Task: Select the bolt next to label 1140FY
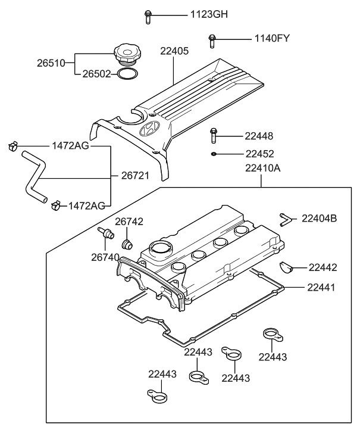click(211, 41)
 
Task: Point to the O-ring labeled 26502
click(126, 74)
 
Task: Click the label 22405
click(174, 51)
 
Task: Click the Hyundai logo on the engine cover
click(148, 131)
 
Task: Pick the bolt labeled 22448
click(213, 136)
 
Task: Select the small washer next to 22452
click(213, 154)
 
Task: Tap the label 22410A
click(262, 168)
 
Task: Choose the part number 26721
click(135, 176)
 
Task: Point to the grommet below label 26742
click(126, 244)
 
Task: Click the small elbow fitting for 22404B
click(284, 219)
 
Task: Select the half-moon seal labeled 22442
click(286, 266)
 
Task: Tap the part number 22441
click(321, 287)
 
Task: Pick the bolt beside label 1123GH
click(147, 16)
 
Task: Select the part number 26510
click(52, 62)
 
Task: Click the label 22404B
click(319, 219)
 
